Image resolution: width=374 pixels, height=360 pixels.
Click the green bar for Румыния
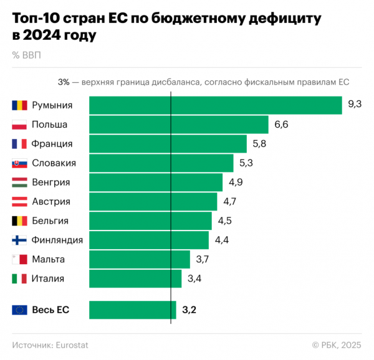click(x=216, y=105)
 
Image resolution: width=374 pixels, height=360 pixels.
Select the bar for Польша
click(x=179, y=125)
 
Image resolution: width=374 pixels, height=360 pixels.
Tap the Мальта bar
click(x=140, y=259)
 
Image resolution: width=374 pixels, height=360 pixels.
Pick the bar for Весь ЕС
click(x=133, y=310)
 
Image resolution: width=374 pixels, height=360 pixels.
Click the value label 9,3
click(x=355, y=105)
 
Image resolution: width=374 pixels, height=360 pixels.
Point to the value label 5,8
click(x=259, y=144)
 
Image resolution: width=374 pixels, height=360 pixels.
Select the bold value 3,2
click(x=189, y=310)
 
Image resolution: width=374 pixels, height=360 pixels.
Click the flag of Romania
click(x=19, y=105)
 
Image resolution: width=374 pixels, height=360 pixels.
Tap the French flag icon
click(x=19, y=144)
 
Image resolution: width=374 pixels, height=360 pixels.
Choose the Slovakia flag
click(x=19, y=163)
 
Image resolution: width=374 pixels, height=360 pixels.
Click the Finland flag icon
click(x=19, y=240)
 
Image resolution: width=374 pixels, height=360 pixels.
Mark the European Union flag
click(x=19, y=310)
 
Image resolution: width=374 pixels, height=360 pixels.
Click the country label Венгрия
click(x=50, y=182)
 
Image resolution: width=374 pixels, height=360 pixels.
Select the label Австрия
click(x=50, y=202)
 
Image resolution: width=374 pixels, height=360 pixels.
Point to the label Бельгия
click(x=50, y=220)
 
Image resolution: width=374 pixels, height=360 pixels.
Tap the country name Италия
click(x=48, y=278)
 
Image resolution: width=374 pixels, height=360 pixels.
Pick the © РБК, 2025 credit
click(x=336, y=344)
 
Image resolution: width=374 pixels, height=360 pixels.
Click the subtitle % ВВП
click(x=26, y=54)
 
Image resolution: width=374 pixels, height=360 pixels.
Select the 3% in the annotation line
click(x=64, y=82)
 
